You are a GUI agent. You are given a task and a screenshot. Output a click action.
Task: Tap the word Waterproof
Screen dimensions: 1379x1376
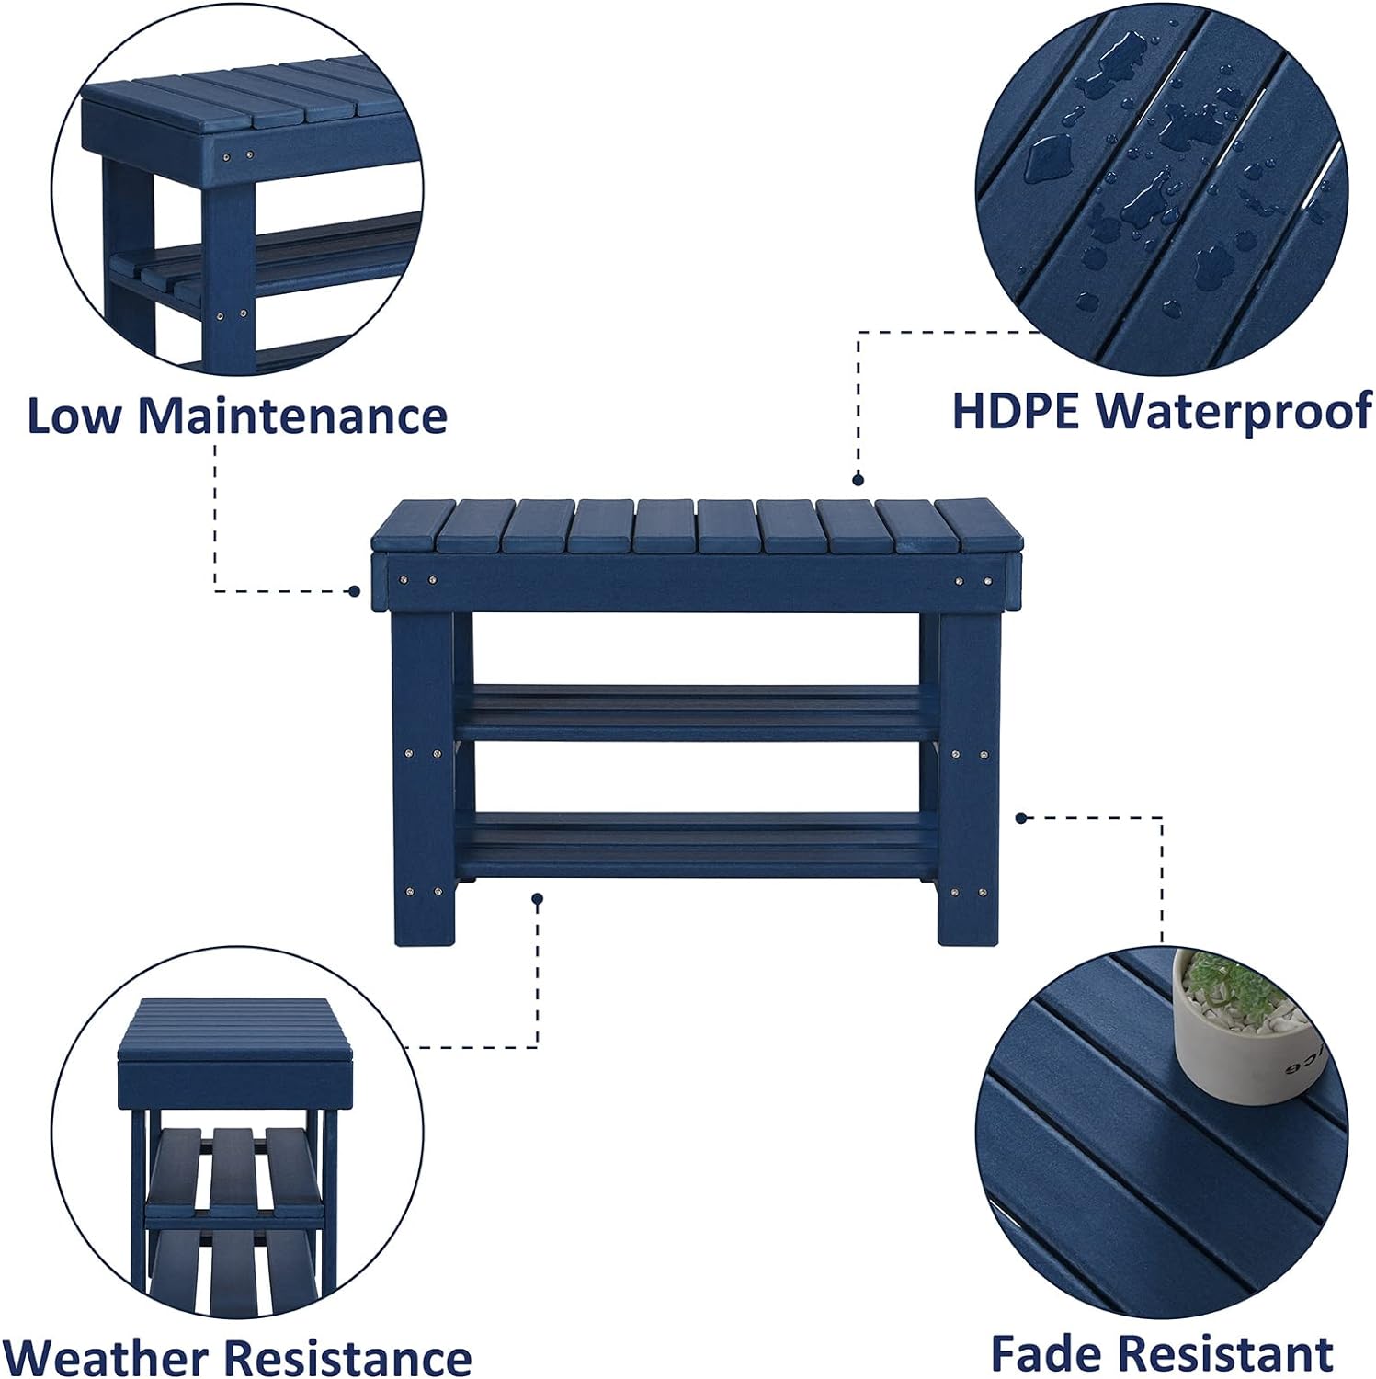pyautogui.click(x=1234, y=413)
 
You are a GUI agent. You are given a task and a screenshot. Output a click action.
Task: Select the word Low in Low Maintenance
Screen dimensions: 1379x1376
pyautogui.click(x=74, y=416)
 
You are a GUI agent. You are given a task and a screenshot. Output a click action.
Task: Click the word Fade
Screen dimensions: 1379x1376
pyautogui.click(x=1048, y=1353)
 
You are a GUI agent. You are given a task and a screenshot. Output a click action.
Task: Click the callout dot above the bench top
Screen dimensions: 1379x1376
pyautogui.click(x=858, y=479)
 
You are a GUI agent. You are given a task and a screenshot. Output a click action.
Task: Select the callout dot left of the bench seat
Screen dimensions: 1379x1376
pyautogui.click(x=355, y=591)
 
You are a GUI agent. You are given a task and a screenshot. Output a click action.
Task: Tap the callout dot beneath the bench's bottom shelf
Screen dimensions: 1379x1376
pyautogui.click(x=538, y=898)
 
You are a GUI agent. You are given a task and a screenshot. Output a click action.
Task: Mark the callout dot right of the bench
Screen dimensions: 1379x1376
pyautogui.click(x=1021, y=817)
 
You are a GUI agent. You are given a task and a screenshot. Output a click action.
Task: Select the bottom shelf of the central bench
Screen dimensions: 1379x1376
pyautogui.click(x=696, y=841)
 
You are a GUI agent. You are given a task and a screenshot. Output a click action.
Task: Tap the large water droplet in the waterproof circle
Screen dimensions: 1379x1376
pyautogui.click(x=1048, y=157)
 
